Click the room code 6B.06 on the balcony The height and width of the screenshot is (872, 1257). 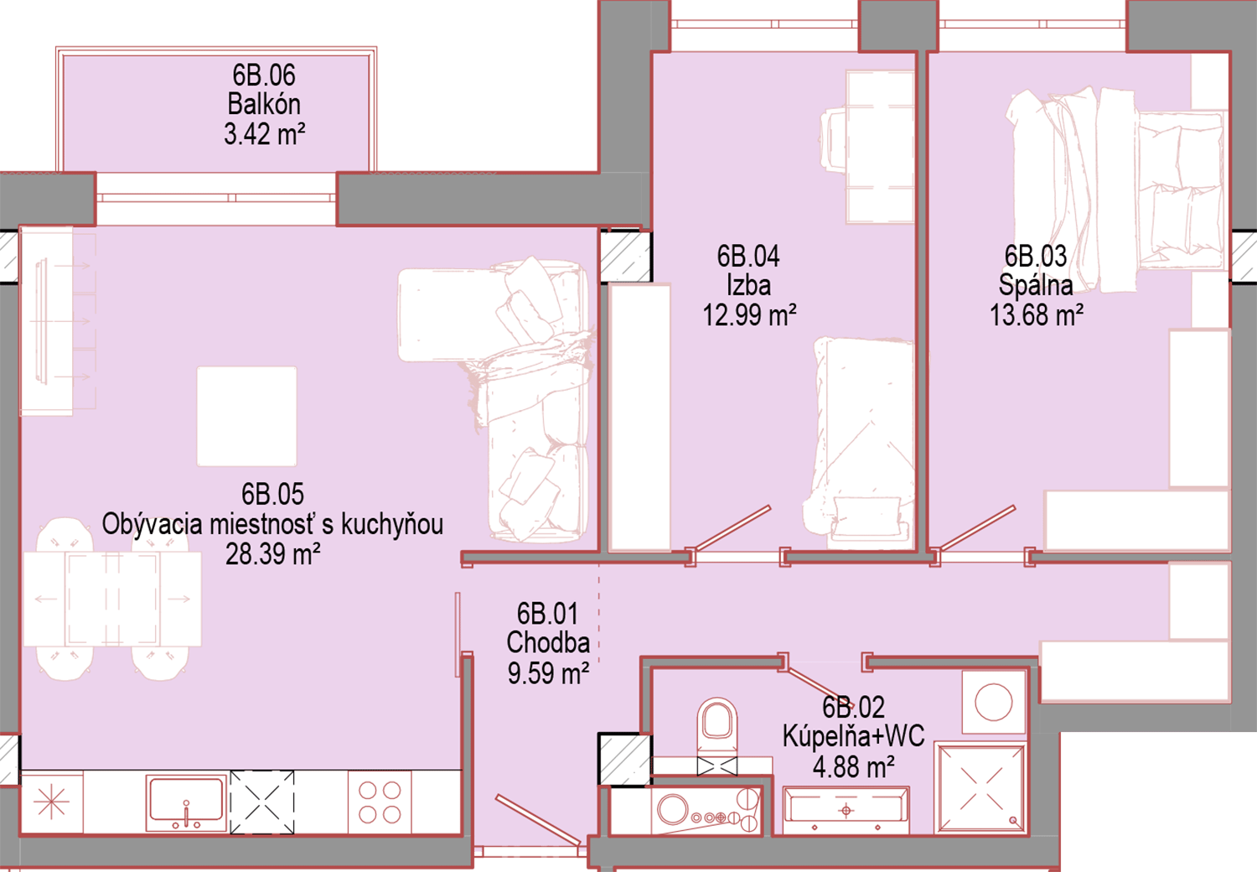coord(264,75)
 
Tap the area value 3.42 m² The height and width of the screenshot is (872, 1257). coord(264,134)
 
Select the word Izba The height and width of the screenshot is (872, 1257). coord(748,285)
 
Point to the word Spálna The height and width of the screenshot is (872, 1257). coord(1035,285)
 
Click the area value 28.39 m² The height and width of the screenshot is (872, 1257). coord(272,554)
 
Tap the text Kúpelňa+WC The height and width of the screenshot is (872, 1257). coord(853,736)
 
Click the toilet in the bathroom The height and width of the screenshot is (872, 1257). coord(716,728)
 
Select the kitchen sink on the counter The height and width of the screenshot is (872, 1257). coord(186,803)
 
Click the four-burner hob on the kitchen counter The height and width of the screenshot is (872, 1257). coord(380,802)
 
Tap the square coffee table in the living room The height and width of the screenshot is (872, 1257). coord(246,416)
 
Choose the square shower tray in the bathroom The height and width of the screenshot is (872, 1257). coord(980,788)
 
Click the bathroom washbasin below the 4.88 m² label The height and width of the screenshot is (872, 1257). coord(846,810)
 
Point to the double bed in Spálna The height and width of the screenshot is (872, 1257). coord(1115,189)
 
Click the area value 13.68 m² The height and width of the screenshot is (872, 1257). coord(1036,315)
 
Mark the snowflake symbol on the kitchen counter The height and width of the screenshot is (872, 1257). coord(51,802)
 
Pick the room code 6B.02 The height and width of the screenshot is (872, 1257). coord(853,707)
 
